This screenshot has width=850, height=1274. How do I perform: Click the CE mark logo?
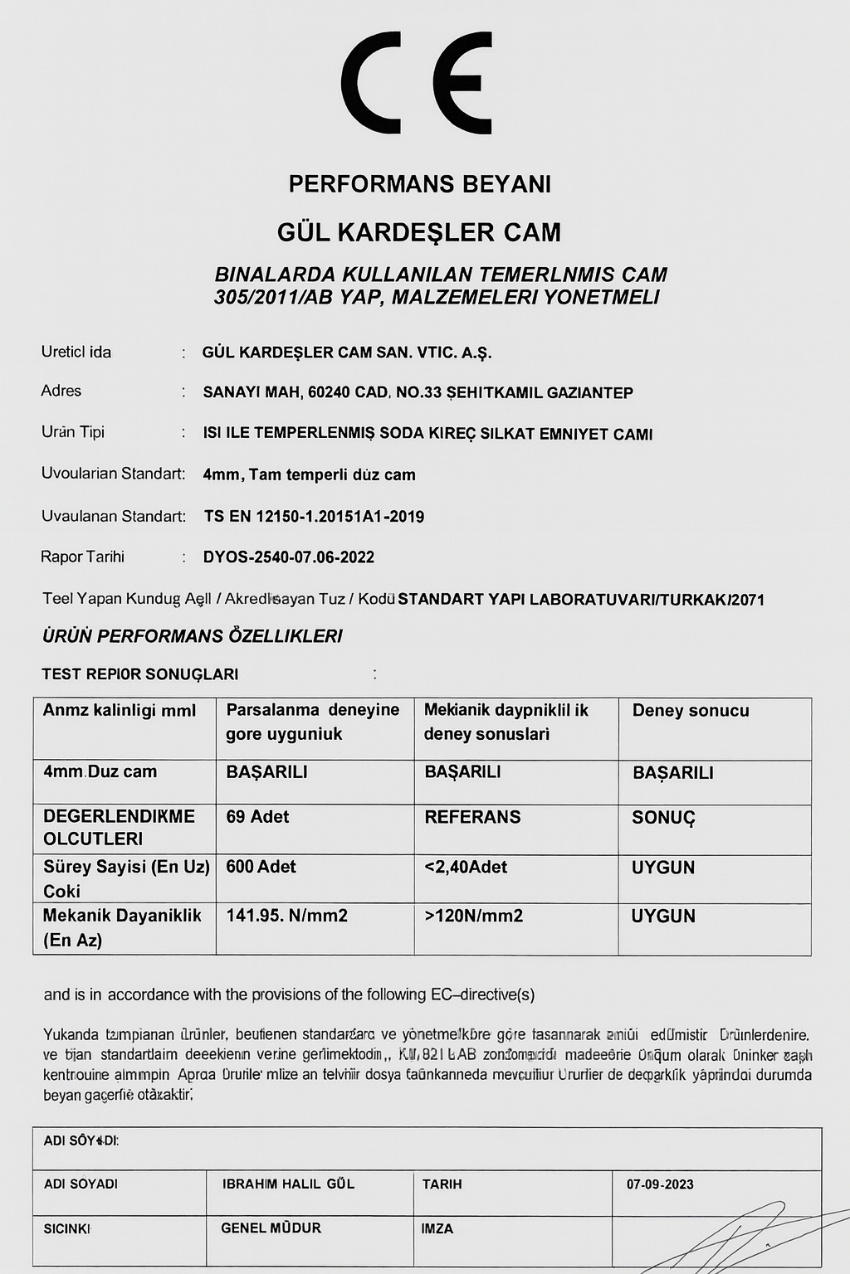[417, 83]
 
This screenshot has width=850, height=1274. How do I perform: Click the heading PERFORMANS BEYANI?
[420, 183]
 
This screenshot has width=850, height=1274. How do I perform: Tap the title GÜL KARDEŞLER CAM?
[419, 232]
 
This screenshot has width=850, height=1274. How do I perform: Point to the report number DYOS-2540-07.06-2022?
[289, 557]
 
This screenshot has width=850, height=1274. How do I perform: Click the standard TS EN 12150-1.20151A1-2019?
[314, 517]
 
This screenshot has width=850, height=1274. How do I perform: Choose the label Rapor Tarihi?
[82, 557]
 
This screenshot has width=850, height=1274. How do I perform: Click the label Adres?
[61, 391]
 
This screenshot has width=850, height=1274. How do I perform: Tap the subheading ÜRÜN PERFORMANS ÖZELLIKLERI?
[192, 636]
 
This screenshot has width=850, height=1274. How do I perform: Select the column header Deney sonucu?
[691, 711]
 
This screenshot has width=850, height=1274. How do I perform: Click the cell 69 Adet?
[257, 817]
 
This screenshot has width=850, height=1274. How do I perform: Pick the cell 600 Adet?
[261, 867]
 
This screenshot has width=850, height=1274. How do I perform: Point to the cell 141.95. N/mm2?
[286, 916]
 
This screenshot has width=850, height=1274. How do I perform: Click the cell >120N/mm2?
[474, 916]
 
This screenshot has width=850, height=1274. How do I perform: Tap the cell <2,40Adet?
[466, 867]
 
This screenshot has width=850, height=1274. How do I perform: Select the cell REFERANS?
[472, 817]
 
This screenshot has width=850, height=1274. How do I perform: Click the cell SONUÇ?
[663, 818]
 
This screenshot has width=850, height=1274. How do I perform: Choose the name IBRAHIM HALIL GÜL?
[288, 1184]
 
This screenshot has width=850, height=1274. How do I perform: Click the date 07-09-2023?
[660, 1184]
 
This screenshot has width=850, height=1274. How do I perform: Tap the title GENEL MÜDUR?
[271, 1228]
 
